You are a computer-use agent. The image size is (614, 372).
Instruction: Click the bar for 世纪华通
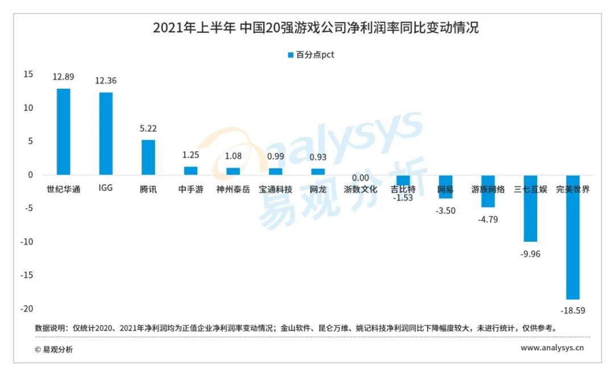63,131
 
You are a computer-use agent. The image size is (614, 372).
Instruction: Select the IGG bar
106,133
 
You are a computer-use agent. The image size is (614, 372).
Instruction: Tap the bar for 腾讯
148,157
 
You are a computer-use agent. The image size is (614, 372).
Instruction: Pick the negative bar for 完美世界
572,237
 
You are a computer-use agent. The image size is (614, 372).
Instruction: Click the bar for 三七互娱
530,208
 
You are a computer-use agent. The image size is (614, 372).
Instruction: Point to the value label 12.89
63,77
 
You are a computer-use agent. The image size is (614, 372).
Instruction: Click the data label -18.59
573,311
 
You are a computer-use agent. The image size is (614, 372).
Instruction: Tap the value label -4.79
488,219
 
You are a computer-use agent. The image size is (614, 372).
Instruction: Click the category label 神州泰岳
233,189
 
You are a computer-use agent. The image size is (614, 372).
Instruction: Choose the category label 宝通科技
276,189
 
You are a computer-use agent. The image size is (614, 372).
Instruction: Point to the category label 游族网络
488,189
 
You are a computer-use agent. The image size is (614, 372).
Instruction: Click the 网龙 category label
318,189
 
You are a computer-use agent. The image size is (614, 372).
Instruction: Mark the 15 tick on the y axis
28,75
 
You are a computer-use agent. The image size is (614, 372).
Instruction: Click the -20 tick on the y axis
26,308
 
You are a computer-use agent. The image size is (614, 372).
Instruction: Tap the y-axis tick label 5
31,141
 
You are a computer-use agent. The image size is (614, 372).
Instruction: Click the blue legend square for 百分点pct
291,55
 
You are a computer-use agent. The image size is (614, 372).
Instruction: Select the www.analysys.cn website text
552,348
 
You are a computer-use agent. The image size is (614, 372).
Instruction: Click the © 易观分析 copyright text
54,349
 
